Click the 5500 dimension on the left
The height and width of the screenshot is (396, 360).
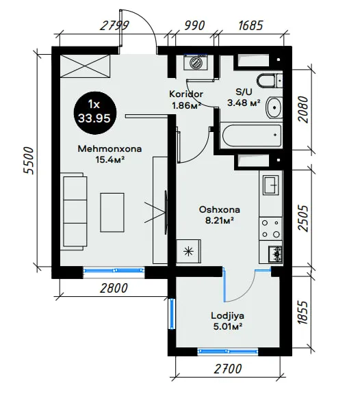tap(28, 160)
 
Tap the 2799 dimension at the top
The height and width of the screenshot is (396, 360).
tap(114, 25)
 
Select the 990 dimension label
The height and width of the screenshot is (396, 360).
tap(194, 25)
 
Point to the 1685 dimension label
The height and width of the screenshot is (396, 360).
tap(250, 25)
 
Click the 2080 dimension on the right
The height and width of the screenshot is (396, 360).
tap(303, 109)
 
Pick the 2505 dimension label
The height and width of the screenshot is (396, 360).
tap(303, 218)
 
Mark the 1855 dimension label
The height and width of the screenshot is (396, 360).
tap(303, 313)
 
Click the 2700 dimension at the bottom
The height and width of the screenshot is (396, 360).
tap(228, 369)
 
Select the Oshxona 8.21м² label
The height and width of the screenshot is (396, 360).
tap(220, 215)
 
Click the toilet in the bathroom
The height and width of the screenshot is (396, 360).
tap(270, 81)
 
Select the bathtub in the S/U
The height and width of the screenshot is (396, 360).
tap(251, 135)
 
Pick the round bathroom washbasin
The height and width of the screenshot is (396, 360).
tap(274, 107)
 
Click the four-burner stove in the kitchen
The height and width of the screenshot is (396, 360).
tap(271, 229)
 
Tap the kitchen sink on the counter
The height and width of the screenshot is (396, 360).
tap(271, 185)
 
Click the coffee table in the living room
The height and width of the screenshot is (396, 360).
tap(112, 213)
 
